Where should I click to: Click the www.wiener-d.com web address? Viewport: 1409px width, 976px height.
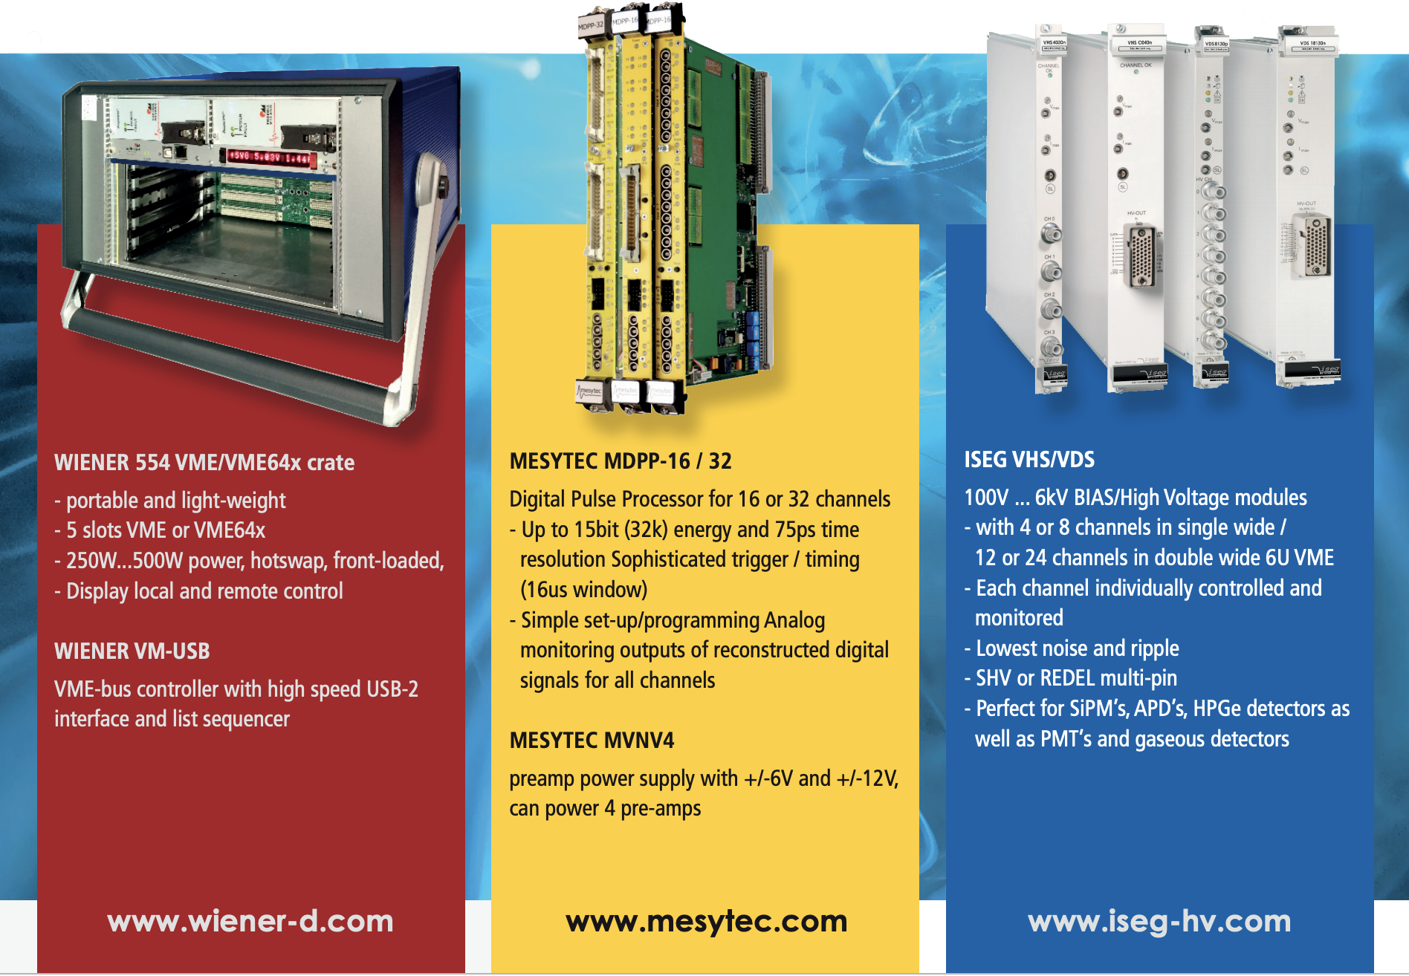[x=250, y=921]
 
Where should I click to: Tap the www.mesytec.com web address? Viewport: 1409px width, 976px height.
[x=706, y=921]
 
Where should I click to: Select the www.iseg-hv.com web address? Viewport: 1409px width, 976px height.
[x=1159, y=921]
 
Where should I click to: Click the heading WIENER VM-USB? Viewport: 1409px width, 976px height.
[x=132, y=651]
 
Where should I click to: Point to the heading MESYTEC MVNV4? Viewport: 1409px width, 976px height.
[x=592, y=741]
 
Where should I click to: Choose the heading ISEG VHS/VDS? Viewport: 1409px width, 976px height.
[x=1029, y=460]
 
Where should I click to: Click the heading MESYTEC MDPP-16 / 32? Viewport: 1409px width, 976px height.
[x=621, y=461]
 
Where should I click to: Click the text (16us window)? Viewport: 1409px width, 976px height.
[x=584, y=590]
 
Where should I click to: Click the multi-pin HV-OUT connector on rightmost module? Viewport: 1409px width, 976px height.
[x=1316, y=248]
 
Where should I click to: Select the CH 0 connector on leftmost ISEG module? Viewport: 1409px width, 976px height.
[x=1051, y=235]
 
